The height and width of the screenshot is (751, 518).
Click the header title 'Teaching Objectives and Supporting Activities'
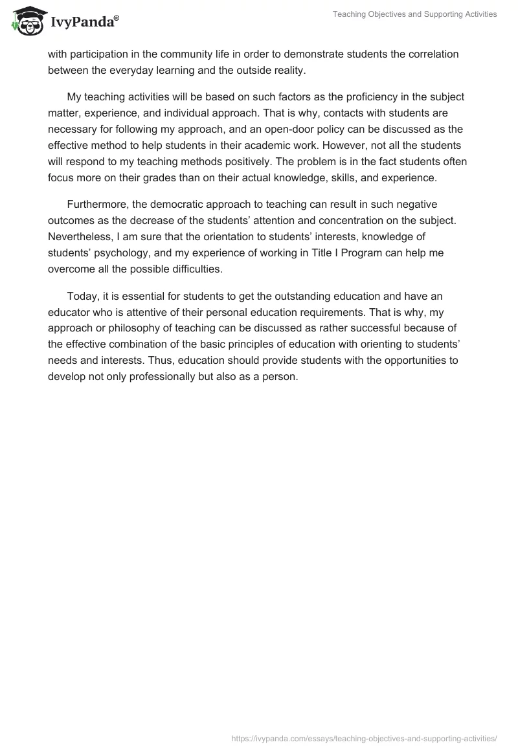coord(414,14)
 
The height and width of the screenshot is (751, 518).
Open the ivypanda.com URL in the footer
coord(364,737)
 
